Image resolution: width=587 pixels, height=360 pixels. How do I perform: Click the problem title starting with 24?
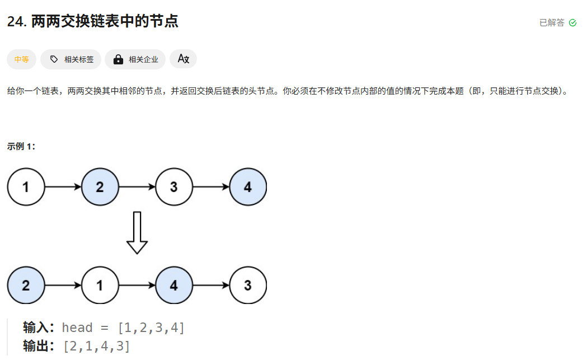93,22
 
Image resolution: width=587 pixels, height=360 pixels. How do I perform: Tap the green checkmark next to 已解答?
572,23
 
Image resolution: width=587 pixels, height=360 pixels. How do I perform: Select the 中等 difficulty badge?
22,59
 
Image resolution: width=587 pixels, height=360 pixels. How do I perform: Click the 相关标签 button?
71,59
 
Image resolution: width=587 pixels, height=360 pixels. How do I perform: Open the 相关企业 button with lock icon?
135,59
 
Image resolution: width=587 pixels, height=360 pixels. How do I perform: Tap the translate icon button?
183,59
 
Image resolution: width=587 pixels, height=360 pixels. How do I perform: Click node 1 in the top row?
26,187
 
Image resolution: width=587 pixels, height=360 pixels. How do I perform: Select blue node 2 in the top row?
100,187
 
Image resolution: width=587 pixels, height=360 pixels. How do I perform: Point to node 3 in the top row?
173,187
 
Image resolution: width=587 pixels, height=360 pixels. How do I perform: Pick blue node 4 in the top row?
248,187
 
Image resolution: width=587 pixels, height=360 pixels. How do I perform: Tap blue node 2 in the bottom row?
26,286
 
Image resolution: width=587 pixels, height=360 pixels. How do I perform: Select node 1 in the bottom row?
100,286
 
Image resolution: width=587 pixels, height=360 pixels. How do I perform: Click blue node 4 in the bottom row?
173,286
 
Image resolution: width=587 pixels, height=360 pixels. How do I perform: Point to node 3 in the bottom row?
248,286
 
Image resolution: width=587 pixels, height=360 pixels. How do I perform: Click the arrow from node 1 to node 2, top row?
63,187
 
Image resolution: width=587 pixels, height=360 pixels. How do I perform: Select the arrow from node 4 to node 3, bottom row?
210,286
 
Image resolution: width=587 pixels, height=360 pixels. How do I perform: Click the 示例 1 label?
21,147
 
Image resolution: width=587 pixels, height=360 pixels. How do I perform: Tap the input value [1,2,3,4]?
151,328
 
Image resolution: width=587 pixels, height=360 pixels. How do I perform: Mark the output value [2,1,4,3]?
97,347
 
